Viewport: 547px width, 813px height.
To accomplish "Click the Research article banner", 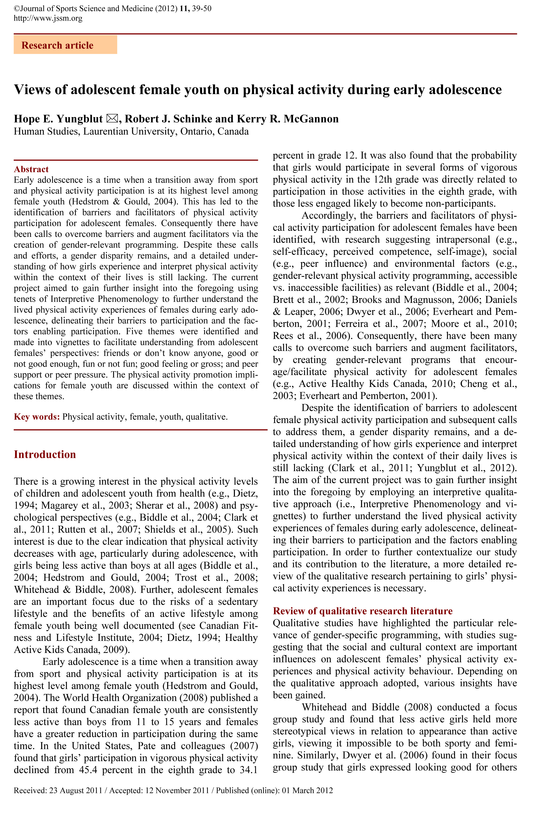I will click(65, 45).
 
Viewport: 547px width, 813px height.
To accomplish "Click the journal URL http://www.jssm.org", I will click(48, 18).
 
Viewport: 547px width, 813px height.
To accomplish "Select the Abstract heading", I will click(31, 169).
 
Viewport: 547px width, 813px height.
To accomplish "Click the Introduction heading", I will click(45, 454).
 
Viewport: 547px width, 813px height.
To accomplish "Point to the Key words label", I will click(37, 417).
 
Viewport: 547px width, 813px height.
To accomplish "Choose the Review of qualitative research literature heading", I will click(362, 611).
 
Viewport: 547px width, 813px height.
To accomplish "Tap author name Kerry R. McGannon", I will click(288, 119).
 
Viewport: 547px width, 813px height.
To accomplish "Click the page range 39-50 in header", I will click(202, 8).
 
